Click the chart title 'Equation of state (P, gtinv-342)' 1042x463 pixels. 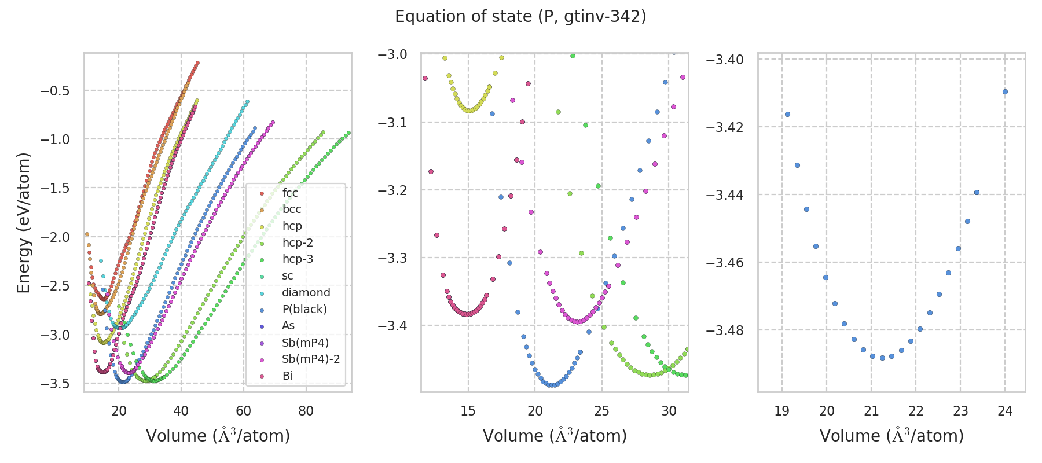point(520,17)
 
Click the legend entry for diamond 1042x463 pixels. point(306,292)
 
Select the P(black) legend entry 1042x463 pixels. point(304,309)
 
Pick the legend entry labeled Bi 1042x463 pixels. point(287,376)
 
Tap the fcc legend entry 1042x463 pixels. point(290,193)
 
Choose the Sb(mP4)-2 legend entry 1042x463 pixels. point(310,359)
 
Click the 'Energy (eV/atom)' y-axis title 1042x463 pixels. point(23,223)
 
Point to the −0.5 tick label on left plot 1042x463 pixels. point(54,91)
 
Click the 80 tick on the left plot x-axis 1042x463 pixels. point(306,411)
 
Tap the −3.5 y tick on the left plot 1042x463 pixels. point(54,384)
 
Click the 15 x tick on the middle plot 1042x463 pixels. point(468,411)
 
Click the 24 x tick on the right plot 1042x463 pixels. point(1005,411)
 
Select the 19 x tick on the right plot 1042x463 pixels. point(781,411)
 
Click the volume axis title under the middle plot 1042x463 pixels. point(555,436)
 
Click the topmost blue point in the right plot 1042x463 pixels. point(1005,91)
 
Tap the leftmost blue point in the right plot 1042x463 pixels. point(787,114)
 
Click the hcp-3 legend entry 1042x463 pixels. point(298,259)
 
